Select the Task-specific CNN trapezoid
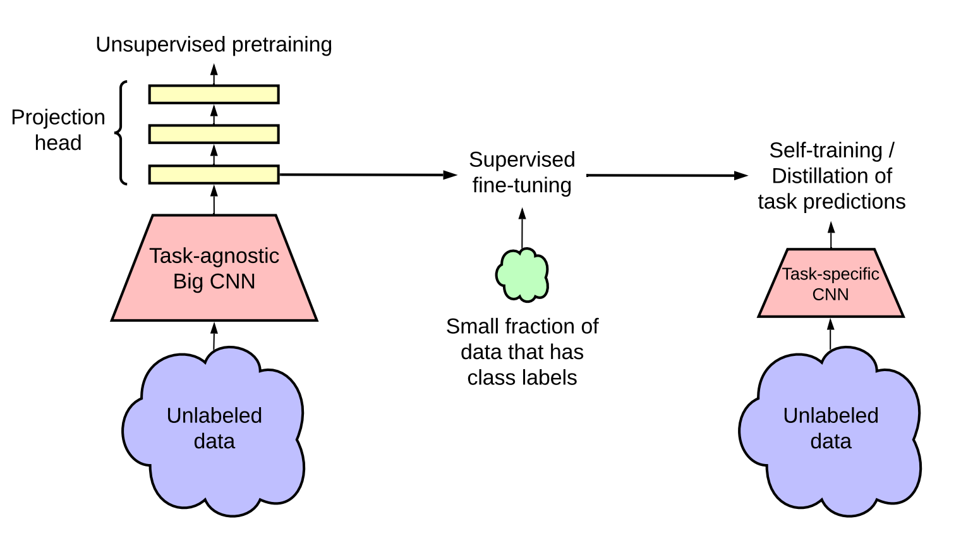click(x=831, y=284)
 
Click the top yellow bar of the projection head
click(x=214, y=94)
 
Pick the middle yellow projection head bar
click(x=214, y=134)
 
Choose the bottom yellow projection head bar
click(x=214, y=174)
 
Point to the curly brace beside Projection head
click(x=121, y=133)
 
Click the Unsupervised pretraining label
click(x=214, y=45)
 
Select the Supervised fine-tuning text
click(x=522, y=172)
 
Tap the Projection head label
click(x=58, y=130)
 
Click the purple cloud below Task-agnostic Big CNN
click(x=214, y=430)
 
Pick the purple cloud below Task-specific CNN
click(x=830, y=430)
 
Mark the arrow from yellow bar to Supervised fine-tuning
click(x=366, y=174)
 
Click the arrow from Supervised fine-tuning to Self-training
click(x=667, y=175)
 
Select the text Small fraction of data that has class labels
click(x=522, y=352)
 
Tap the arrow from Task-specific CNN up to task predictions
click(x=831, y=235)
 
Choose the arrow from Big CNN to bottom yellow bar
click(x=214, y=199)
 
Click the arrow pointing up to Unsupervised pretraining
click(x=214, y=74)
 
